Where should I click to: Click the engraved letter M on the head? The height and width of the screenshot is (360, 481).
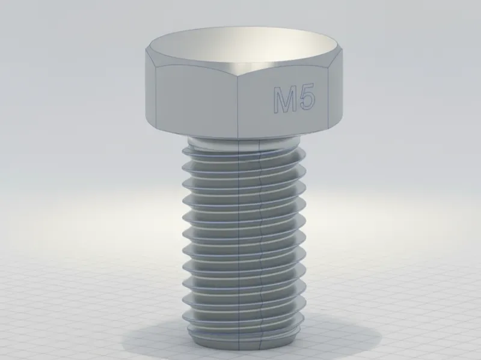[285, 100]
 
